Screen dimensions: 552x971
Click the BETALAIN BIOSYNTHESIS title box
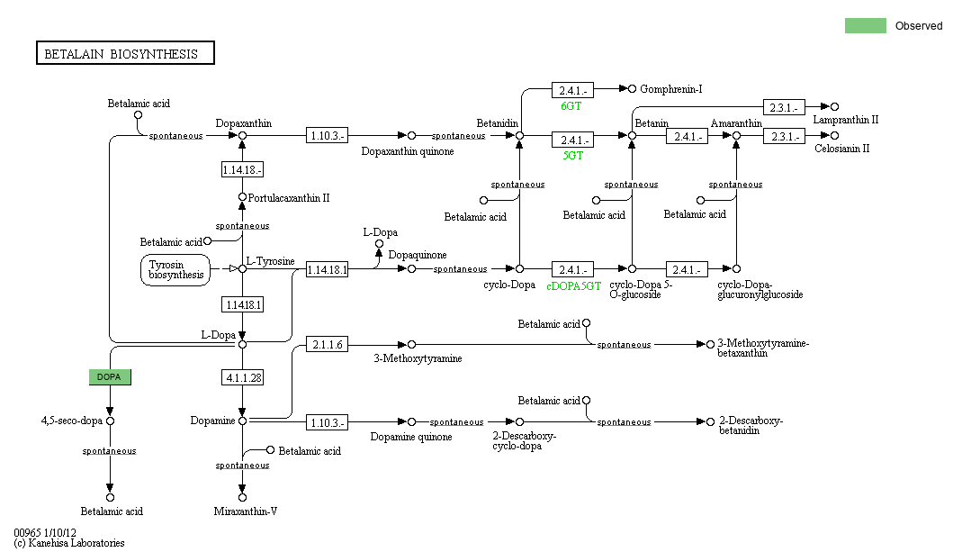coord(125,54)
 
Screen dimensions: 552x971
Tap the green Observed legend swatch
coord(865,25)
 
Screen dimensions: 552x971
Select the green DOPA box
coord(110,376)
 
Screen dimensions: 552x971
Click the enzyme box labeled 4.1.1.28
coord(242,377)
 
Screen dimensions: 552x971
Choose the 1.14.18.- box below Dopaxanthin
coord(242,169)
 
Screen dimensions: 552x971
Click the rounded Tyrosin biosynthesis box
coord(176,269)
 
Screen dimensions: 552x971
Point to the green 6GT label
coord(571,106)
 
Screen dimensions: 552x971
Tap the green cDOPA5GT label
coord(573,285)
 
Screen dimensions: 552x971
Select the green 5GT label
coord(573,155)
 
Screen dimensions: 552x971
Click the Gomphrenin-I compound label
coord(671,89)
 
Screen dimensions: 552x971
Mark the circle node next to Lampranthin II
coord(834,107)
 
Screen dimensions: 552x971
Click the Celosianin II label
coord(842,149)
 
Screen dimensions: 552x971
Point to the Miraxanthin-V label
coord(246,511)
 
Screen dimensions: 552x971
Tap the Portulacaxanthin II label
coord(288,198)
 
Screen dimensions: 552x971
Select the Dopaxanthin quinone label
coord(408,151)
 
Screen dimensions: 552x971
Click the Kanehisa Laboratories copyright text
coord(69,543)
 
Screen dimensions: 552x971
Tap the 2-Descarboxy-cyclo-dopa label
coord(524,440)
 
